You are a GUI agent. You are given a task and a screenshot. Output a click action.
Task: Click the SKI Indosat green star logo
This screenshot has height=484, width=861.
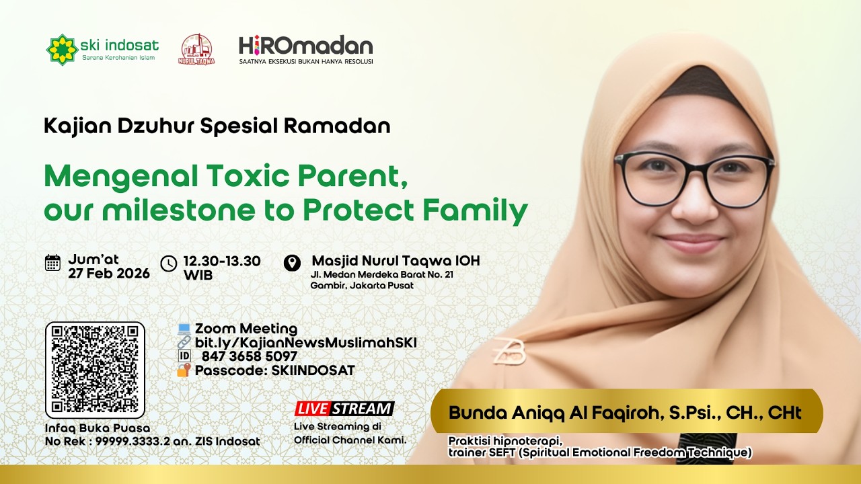pyautogui.click(x=62, y=49)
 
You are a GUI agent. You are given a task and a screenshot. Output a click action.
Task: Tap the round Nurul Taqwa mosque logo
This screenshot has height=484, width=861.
pyautogui.click(x=196, y=49)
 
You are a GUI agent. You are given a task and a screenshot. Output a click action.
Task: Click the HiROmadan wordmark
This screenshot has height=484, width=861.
pyautogui.click(x=305, y=46)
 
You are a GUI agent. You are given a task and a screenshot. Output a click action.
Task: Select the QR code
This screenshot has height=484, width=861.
pyautogui.click(x=95, y=369)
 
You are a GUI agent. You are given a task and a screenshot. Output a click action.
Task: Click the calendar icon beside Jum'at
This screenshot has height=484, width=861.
pyautogui.click(x=52, y=263)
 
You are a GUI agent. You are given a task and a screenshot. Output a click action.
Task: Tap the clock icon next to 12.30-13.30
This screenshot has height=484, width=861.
pyautogui.click(x=169, y=263)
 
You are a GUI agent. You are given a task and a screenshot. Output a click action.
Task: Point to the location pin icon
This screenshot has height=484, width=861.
pyautogui.click(x=292, y=263)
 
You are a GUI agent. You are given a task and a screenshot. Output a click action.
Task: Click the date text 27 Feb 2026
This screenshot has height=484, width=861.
pyautogui.click(x=108, y=274)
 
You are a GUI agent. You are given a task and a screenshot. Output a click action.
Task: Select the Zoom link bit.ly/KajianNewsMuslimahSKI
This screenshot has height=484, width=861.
pyautogui.click(x=305, y=343)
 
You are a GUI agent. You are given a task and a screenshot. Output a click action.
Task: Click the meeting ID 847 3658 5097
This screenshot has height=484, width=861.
pyautogui.click(x=249, y=357)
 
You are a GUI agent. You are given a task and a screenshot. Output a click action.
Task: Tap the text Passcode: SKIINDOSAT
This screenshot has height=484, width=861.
pyautogui.click(x=274, y=370)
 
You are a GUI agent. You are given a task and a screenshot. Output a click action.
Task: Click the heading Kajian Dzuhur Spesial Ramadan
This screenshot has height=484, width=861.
pyautogui.click(x=217, y=126)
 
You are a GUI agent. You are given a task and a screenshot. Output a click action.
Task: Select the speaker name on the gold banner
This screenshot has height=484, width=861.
pyautogui.click(x=625, y=412)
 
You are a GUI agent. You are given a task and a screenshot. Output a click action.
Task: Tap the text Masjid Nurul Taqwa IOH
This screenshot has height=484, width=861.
pyautogui.click(x=396, y=261)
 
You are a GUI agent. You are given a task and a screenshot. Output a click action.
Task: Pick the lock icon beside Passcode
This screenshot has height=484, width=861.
pyautogui.click(x=184, y=370)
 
